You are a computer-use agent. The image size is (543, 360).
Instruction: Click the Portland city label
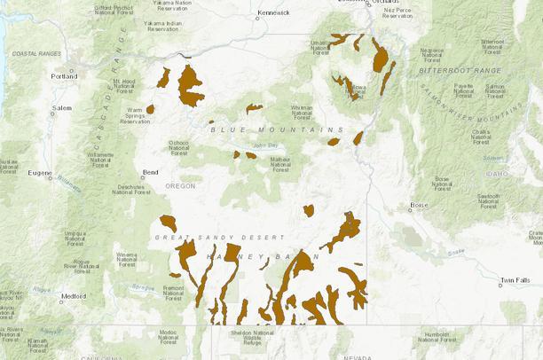tap(64, 76)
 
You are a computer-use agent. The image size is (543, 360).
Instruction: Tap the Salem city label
tap(61, 108)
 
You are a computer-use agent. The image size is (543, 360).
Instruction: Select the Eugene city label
tap(40, 173)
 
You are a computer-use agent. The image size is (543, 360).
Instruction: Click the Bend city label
tap(150, 173)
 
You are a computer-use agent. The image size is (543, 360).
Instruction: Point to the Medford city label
tap(75, 296)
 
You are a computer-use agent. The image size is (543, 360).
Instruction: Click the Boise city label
tap(419, 206)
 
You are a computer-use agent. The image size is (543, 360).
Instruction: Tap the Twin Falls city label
tap(514, 280)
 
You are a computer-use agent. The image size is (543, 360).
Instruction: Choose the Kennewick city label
tap(273, 13)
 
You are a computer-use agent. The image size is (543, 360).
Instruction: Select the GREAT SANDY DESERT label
tap(219, 238)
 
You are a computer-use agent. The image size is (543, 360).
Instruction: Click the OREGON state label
tap(179, 185)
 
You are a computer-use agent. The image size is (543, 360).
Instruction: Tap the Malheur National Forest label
tap(280, 161)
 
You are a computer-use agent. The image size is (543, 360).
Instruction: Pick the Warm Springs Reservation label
tap(135, 116)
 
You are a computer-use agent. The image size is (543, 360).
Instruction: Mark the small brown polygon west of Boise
tap(309, 211)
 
